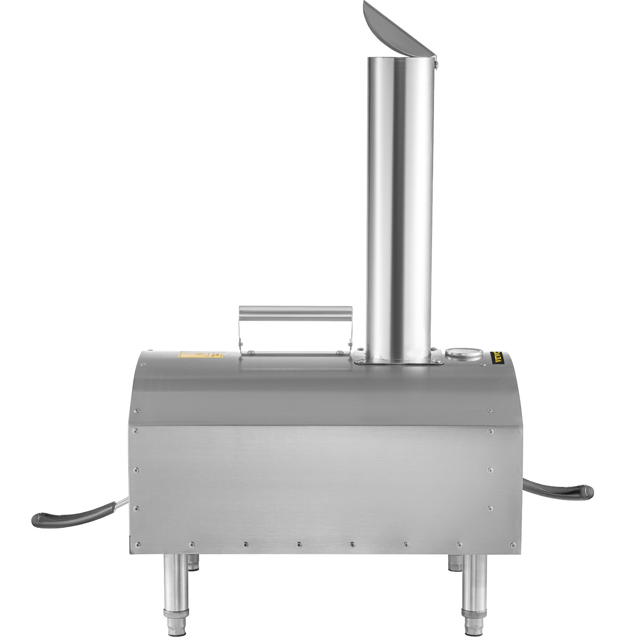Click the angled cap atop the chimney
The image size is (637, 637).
point(394,32)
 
